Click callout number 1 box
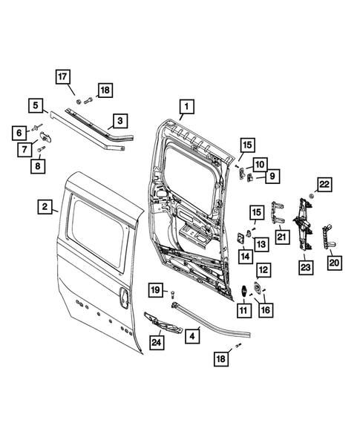pyautogui.click(x=186, y=107)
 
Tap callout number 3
pyautogui.click(x=119, y=118)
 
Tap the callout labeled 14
pyautogui.click(x=244, y=254)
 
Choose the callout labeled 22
pyautogui.click(x=324, y=184)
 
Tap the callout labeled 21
pyautogui.click(x=281, y=236)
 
